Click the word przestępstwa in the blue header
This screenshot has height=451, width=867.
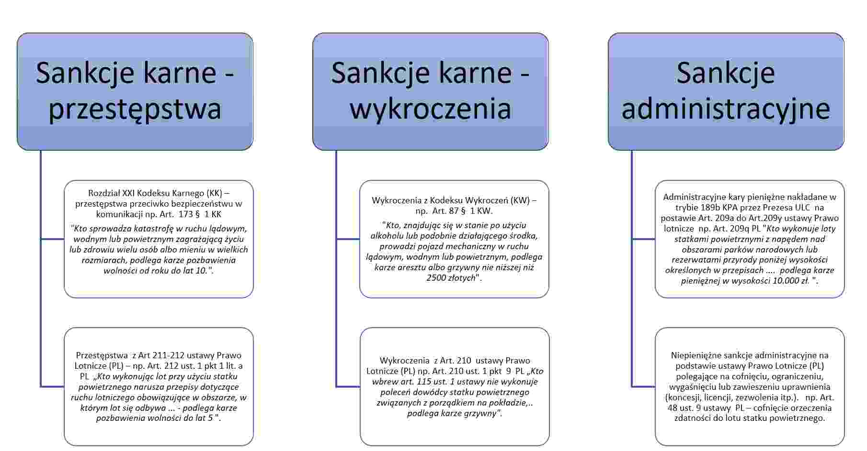tap(135, 109)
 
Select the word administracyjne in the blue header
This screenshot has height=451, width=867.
tap(726, 109)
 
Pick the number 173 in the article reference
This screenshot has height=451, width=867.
tap(185, 214)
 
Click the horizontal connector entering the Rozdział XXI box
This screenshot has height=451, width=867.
tap(53, 239)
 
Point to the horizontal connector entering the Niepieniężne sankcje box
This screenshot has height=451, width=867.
tap(643, 386)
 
